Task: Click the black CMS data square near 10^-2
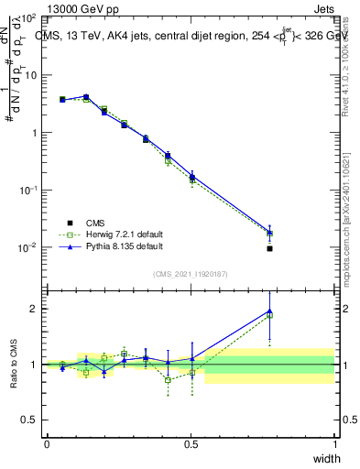269,248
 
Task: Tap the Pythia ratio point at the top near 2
269,311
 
